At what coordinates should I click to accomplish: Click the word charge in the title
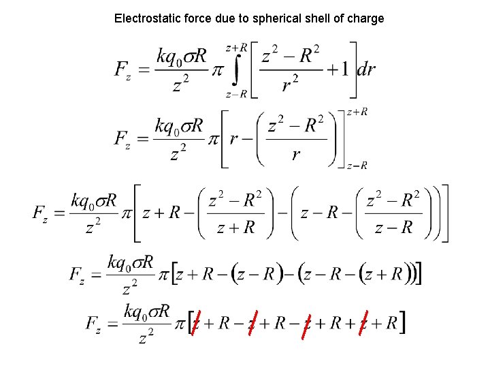(x=366, y=18)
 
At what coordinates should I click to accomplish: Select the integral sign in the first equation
(x=235, y=71)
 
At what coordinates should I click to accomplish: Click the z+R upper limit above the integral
(x=236, y=48)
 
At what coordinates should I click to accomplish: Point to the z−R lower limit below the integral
(x=236, y=95)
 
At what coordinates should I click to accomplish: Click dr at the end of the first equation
(x=366, y=70)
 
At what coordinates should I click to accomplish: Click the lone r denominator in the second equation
(x=295, y=155)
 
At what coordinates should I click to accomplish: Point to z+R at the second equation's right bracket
(x=357, y=112)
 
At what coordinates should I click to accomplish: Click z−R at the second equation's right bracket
(x=357, y=166)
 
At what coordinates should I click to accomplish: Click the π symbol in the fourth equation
(x=163, y=274)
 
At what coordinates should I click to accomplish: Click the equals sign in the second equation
(x=142, y=139)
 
